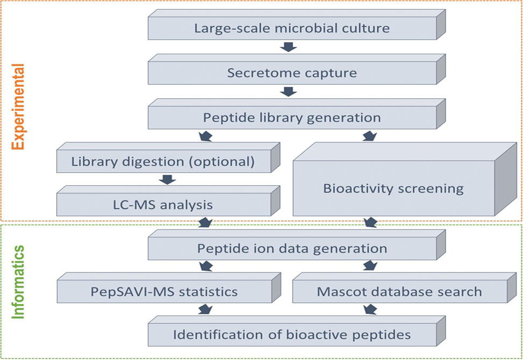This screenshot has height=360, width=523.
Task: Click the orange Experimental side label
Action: [18, 107]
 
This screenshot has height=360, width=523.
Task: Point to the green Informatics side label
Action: [18, 282]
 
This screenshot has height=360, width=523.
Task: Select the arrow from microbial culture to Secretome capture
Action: [289, 47]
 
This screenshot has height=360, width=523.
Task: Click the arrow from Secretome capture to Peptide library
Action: [289, 92]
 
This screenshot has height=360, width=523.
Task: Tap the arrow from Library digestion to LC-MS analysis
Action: [168, 179]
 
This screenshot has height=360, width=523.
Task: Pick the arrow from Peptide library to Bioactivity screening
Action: [370, 136]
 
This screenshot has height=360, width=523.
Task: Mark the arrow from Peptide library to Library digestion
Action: [205, 136]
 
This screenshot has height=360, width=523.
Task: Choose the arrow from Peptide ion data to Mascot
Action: [370, 266]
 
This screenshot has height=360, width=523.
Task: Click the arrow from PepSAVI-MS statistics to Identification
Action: [205, 309]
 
